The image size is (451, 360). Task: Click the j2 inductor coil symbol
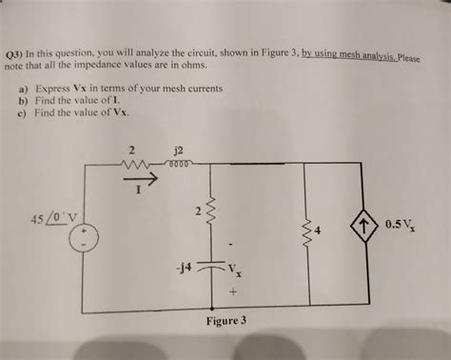click(178, 166)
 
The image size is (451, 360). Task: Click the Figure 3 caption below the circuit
click(226, 320)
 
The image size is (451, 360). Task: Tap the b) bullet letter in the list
click(22, 98)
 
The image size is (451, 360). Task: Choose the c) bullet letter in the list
click(22, 110)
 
